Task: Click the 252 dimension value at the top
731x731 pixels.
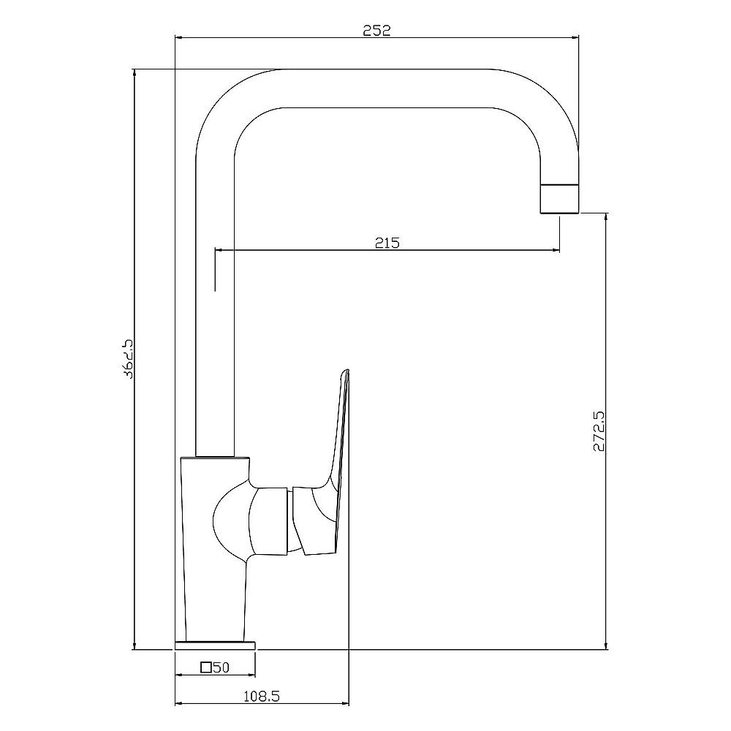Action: pyautogui.click(x=376, y=30)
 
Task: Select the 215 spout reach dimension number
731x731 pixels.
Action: pyautogui.click(x=387, y=243)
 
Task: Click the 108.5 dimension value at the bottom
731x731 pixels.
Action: pyautogui.click(x=262, y=697)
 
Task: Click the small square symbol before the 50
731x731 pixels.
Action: pyautogui.click(x=206, y=667)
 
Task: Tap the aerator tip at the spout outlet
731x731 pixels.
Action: pyautogui.click(x=559, y=199)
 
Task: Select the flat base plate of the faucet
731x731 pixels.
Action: pyautogui.click(x=215, y=645)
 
